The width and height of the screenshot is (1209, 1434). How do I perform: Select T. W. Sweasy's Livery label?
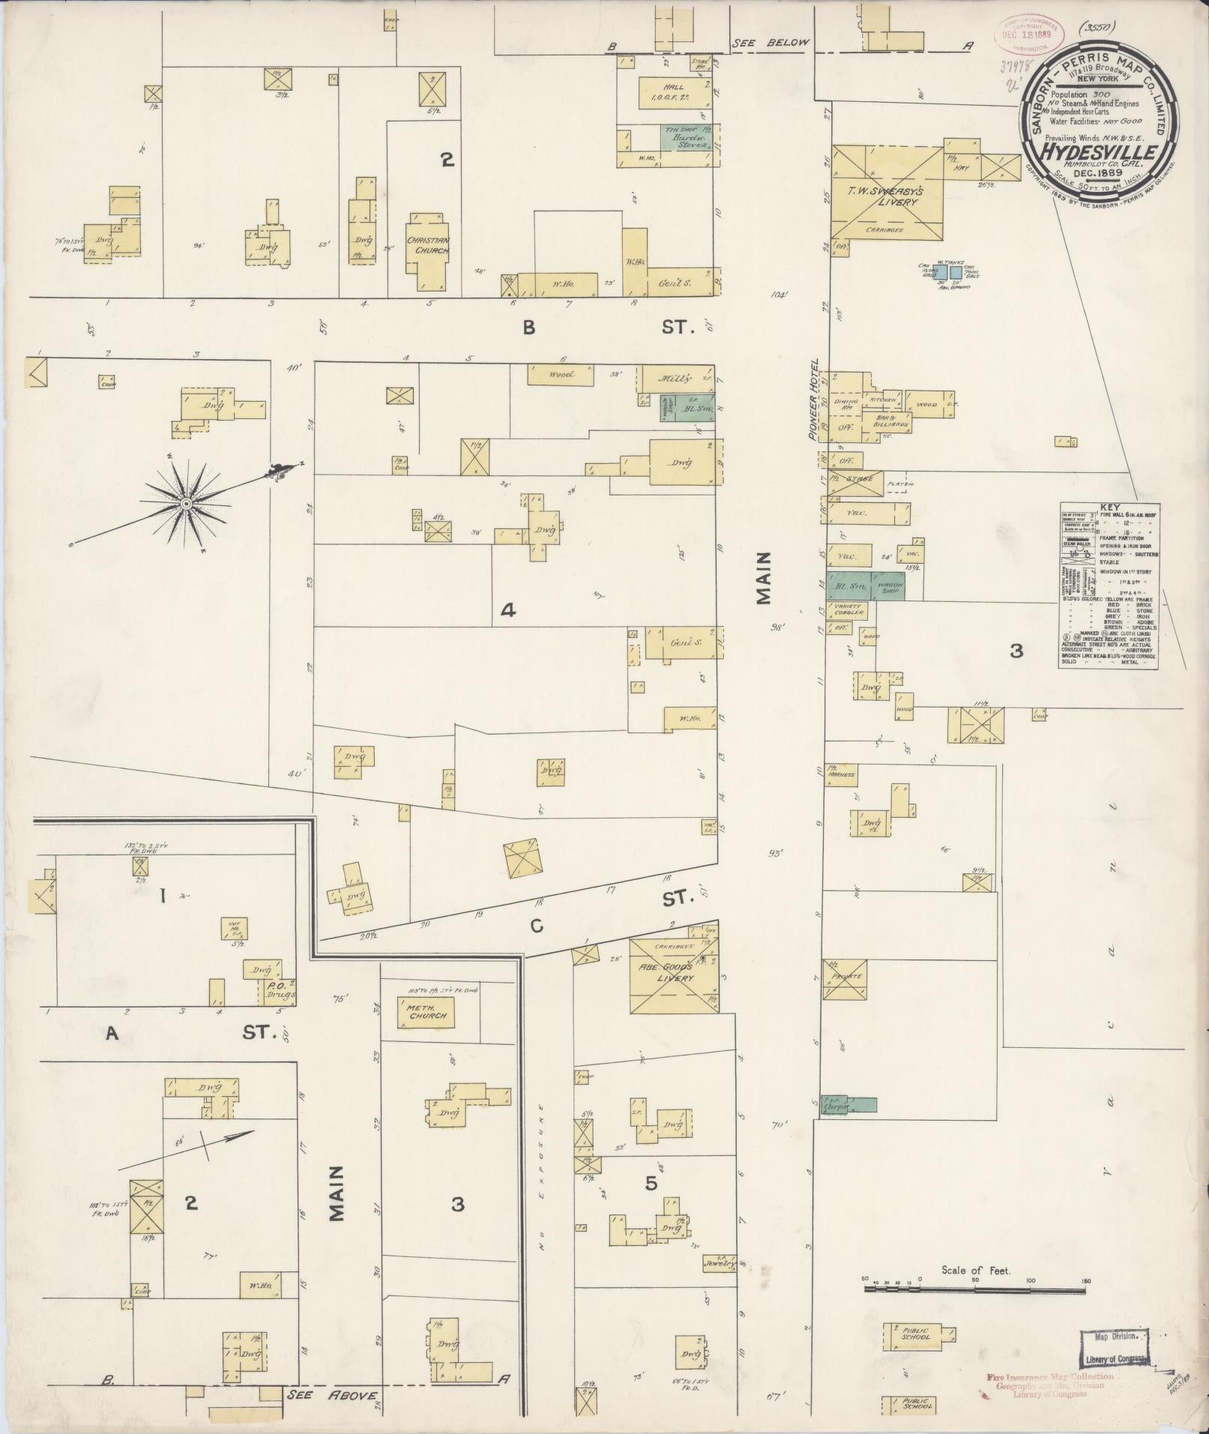[884, 197]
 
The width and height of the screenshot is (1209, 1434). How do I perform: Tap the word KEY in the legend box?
[1111, 507]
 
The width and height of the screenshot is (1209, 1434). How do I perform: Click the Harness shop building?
[840, 775]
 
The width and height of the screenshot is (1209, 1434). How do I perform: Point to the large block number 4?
[507, 611]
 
